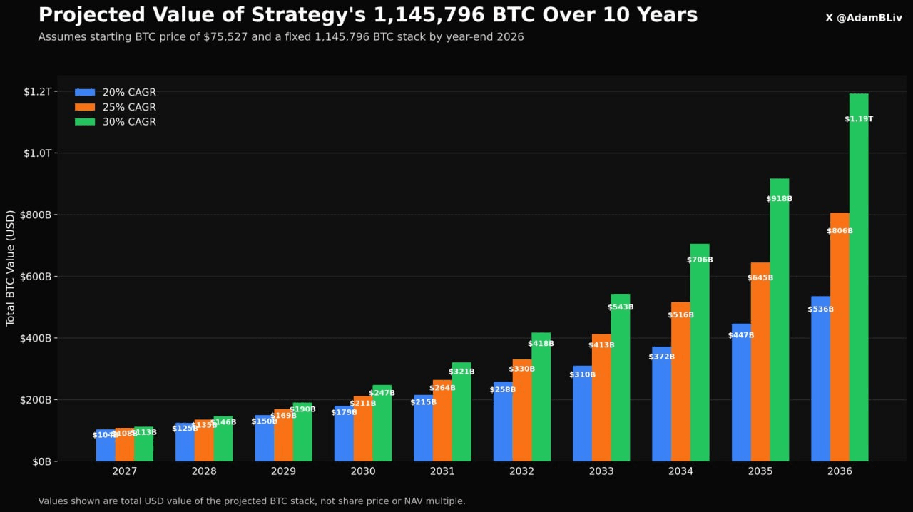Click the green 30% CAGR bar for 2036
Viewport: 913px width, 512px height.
[x=859, y=285]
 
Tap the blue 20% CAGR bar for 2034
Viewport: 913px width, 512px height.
[x=662, y=406]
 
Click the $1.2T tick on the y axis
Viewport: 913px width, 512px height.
[x=38, y=91]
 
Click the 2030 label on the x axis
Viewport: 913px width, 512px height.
[x=363, y=472]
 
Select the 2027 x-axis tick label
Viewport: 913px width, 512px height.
[x=125, y=472]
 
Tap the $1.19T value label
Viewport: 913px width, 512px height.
[x=859, y=119]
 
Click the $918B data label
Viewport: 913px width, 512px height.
[x=780, y=199]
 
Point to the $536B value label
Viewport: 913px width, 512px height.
[x=820, y=309]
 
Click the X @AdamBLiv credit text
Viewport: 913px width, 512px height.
[x=863, y=18]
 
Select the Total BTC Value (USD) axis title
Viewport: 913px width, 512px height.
[x=11, y=268]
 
